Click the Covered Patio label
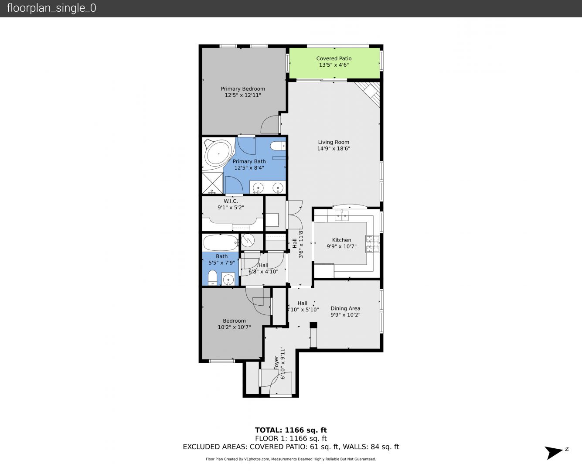click(x=334, y=58)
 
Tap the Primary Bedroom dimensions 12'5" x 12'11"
click(x=243, y=95)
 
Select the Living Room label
click(x=334, y=142)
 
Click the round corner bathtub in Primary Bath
click(x=218, y=154)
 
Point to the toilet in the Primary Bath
click(x=278, y=146)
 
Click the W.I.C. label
click(x=231, y=201)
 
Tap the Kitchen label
click(x=341, y=240)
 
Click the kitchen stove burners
click(x=372, y=243)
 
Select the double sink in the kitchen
click(x=341, y=216)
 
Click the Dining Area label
click(x=345, y=308)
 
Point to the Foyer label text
click(x=276, y=362)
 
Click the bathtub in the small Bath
click(x=221, y=243)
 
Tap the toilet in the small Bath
click(x=212, y=278)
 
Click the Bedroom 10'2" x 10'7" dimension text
click(x=234, y=327)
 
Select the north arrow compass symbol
click(x=555, y=453)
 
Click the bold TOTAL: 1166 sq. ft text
click(x=291, y=430)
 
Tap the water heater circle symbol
click(x=248, y=241)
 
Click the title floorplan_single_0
click(x=51, y=8)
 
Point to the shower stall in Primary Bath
click(x=213, y=183)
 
